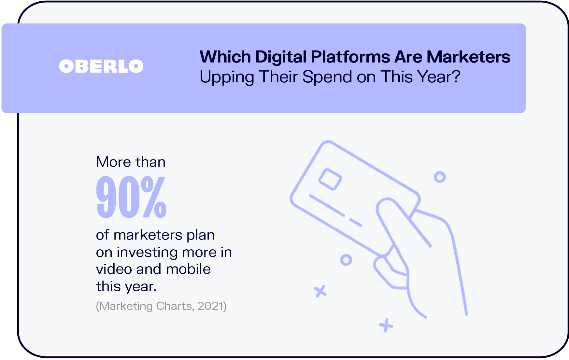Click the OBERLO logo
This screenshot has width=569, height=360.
click(x=101, y=66)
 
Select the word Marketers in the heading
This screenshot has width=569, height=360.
click(x=468, y=57)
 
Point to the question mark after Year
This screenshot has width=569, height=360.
click(x=456, y=77)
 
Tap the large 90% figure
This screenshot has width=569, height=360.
click(x=132, y=197)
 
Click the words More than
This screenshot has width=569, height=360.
click(x=131, y=162)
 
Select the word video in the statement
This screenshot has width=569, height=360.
click(x=114, y=269)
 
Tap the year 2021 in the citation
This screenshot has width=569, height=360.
click(x=211, y=306)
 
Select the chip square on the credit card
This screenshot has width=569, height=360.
click(x=330, y=179)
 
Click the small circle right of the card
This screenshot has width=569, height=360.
click(x=440, y=177)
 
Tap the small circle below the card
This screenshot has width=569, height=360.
click(x=346, y=260)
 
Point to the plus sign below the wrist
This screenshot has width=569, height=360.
click(x=386, y=325)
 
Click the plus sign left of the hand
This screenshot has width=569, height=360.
click(x=320, y=291)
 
